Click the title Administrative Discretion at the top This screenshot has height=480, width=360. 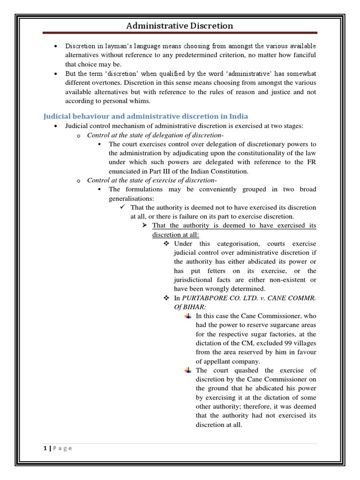[x=180, y=26]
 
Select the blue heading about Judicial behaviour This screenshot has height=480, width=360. [x=146, y=116]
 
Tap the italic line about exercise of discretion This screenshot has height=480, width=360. [x=149, y=180]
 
